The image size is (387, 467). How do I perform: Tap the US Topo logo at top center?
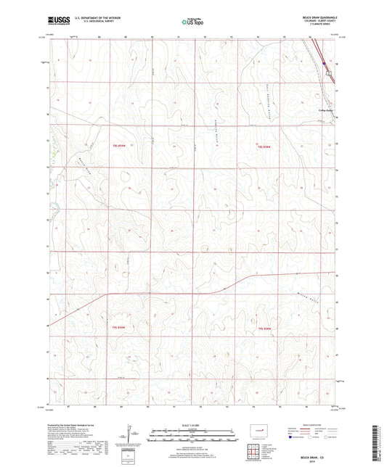coord(191,23)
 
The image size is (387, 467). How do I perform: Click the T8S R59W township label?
coord(120,146)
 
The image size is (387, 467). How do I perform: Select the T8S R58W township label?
coord(266,146)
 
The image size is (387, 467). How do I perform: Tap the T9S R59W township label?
coord(120,328)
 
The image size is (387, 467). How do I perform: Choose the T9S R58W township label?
coord(266,328)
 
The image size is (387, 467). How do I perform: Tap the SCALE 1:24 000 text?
coord(193,424)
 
